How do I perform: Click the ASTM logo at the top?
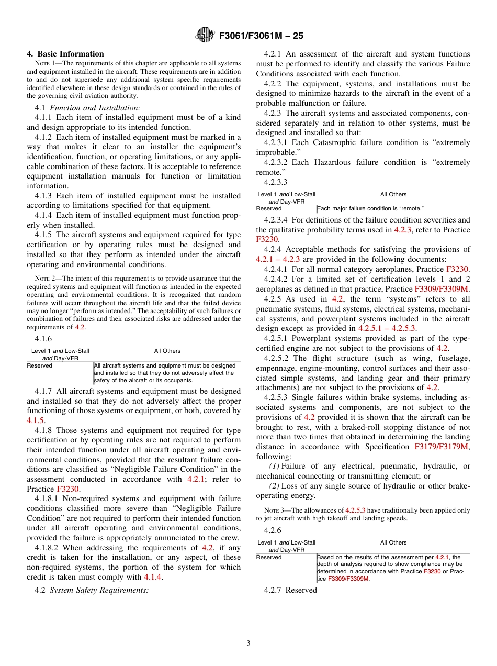(205, 36)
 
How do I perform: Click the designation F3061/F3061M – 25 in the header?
(261, 36)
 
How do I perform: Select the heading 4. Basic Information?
(65, 54)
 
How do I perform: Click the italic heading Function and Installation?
(95, 108)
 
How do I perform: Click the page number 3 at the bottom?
(249, 643)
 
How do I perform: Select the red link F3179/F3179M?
(442, 447)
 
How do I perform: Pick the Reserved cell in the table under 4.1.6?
(40, 366)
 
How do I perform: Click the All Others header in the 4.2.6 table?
(393, 543)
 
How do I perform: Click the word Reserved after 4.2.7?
(301, 590)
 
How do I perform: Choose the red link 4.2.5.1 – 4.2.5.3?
(387, 328)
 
